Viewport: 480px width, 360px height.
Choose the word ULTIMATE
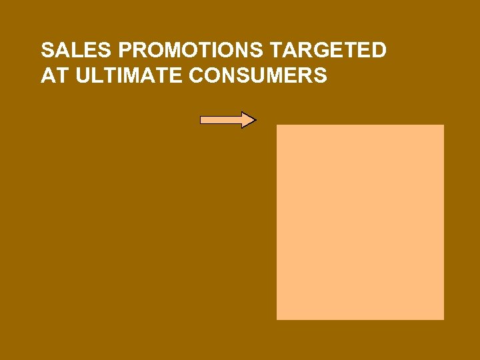pos(129,76)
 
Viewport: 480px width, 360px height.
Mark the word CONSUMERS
pos(258,76)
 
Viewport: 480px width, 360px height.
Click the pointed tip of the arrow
pos(255,120)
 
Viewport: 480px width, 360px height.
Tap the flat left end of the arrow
pos(202,120)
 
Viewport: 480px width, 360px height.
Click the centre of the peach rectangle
pos(360,222)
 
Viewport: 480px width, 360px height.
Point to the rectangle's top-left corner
pos(277,125)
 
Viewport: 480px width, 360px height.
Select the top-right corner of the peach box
pos(443,125)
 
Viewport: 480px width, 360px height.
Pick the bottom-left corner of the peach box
pos(277,319)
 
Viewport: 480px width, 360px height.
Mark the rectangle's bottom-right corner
pos(443,319)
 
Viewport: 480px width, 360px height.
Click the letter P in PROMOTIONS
pos(125,51)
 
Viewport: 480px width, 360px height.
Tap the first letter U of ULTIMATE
pos(83,76)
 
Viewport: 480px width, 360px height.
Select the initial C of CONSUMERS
pos(198,76)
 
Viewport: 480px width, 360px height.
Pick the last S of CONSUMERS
pos(320,76)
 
